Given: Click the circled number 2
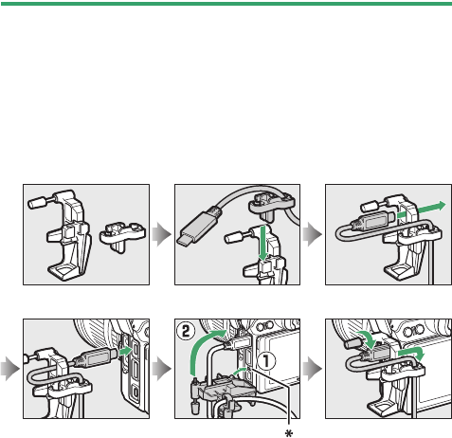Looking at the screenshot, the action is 186,331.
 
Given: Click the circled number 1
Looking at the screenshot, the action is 266,361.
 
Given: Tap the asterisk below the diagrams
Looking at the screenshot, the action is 289,433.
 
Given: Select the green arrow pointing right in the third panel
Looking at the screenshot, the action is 422,210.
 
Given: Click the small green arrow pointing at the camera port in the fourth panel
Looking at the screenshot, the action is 125,351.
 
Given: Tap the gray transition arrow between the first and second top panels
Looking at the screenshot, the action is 162,234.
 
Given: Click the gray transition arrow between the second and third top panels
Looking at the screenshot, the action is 313,234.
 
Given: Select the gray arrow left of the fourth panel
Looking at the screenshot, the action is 10,369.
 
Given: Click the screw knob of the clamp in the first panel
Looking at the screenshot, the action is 37,202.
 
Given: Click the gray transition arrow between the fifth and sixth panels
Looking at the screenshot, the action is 313,369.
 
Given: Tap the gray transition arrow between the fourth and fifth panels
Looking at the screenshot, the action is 162,369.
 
